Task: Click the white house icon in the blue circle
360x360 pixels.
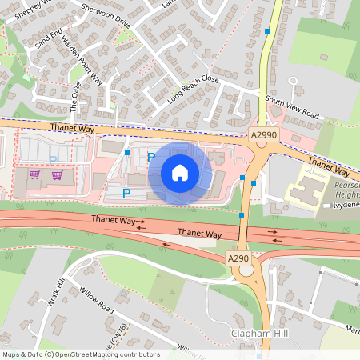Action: [179, 173]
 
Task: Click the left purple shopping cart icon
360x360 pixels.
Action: [34, 174]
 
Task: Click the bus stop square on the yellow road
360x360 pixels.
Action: [267, 30]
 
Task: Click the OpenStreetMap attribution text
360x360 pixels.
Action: [80, 354]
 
